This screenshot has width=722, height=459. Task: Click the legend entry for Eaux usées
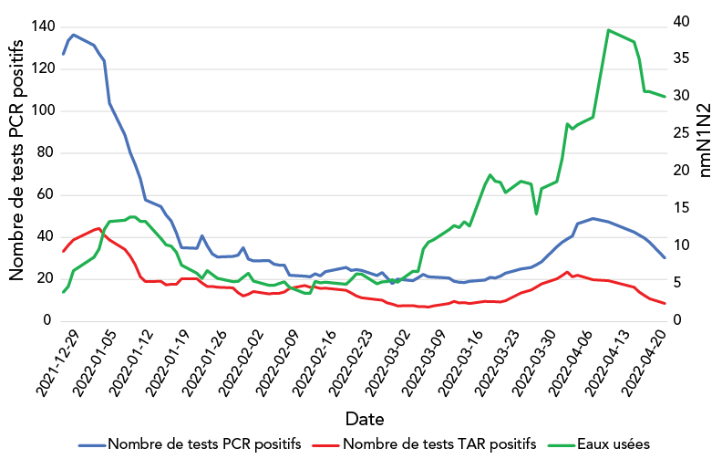(613, 444)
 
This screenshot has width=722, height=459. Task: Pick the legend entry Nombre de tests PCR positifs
(204, 444)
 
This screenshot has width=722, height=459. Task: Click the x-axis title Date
(364, 418)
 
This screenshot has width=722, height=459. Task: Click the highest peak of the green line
(608, 29)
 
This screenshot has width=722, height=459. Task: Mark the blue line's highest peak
(74, 35)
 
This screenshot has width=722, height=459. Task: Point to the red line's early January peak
(98, 228)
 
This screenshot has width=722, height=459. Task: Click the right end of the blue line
(665, 258)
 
